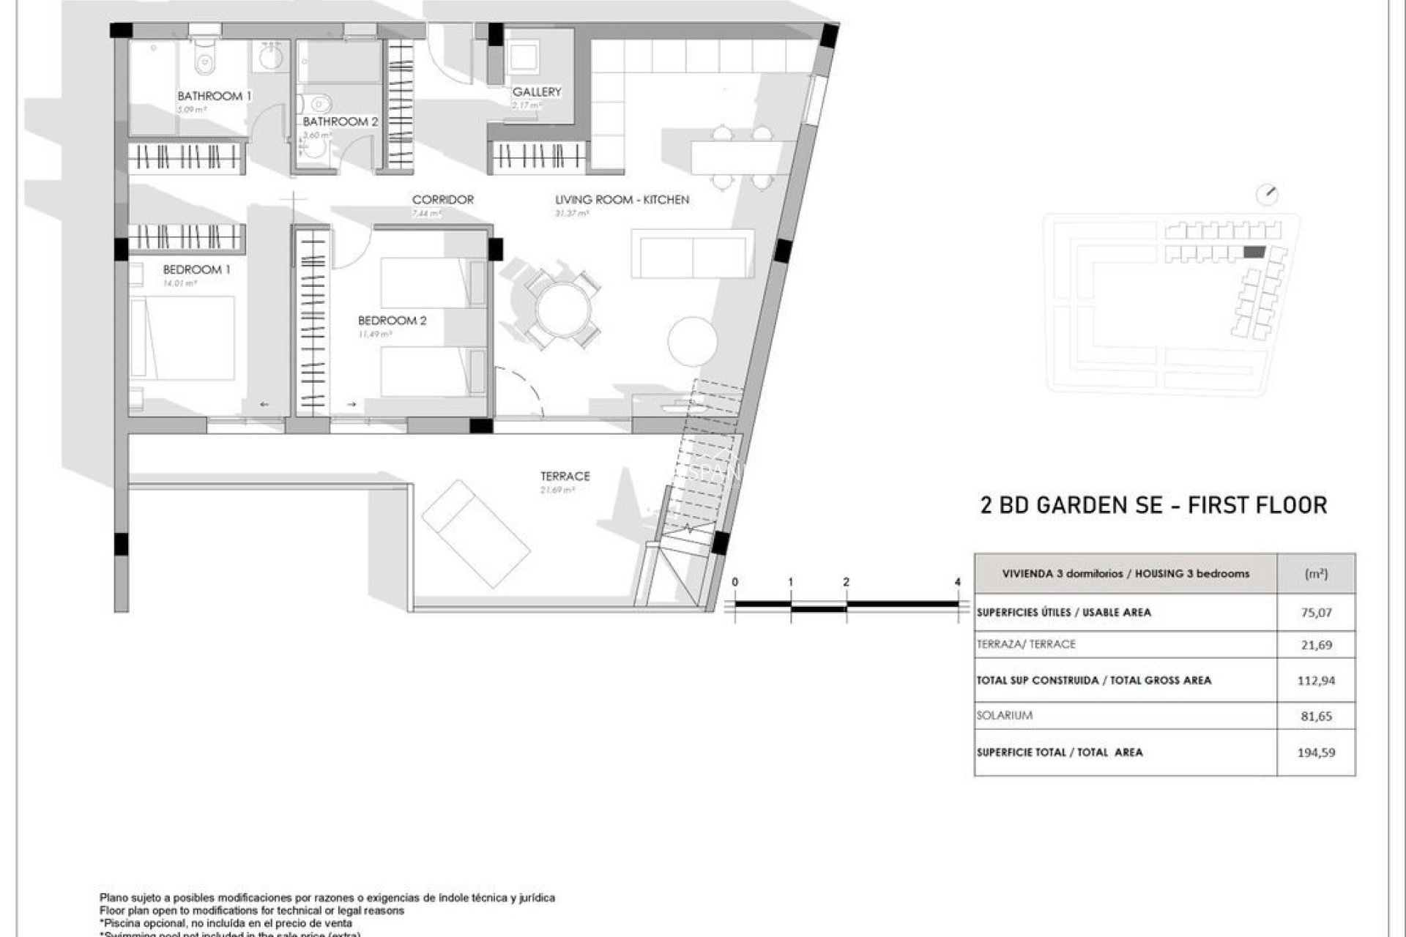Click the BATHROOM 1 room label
pyautogui.click(x=214, y=96)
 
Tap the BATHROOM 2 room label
pyautogui.click(x=340, y=122)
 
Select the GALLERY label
pyautogui.click(x=536, y=92)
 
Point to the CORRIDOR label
pyautogui.click(x=442, y=199)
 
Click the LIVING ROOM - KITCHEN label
pyautogui.click(x=622, y=199)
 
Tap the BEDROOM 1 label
pyautogui.click(x=196, y=269)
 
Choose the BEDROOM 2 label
pyautogui.click(x=392, y=320)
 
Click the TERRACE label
pyautogui.click(x=565, y=476)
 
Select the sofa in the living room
pyautogui.click(x=692, y=253)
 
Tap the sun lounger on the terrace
pyautogui.click(x=476, y=534)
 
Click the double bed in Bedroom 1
pyautogui.click(x=183, y=337)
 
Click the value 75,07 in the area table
pyautogui.click(x=1316, y=612)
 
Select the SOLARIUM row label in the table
pyautogui.click(x=1004, y=715)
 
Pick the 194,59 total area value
pyautogui.click(x=1316, y=752)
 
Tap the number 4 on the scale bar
pyautogui.click(x=958, y=582)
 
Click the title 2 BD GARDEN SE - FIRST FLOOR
pyautogui.click(x=1153, y=505)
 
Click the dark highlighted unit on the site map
pyautogui.click(x=1254, y=252)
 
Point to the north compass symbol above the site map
pyautogui.click(x=1266, y=195)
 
